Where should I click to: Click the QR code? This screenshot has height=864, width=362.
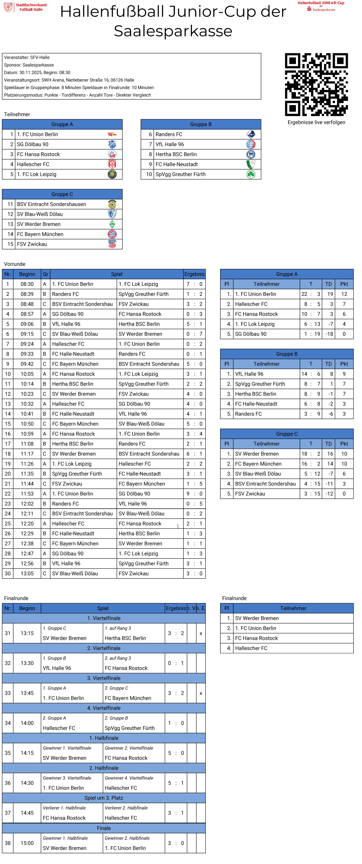[x=316, y=85]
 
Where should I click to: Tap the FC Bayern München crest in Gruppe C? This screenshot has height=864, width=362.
[x=112, y=234]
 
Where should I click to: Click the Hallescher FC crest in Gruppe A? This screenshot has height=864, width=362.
[x=112, y=164]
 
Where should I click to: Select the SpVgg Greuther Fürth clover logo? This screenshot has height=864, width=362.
[x=251, y=174]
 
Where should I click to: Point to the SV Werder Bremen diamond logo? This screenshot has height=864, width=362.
[x=112, y=224]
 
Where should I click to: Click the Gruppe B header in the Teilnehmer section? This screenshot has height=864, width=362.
[x=201, y=124]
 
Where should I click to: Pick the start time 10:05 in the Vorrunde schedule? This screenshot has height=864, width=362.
[x=27, y=374]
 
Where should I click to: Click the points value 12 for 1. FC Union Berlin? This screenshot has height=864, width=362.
[x=344, y=294]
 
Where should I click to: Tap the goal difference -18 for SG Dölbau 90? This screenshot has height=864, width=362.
[x=329, y=334]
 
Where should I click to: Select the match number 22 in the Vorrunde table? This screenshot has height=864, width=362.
[x=8, y=493]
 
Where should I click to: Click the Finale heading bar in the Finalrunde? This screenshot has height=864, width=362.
[x=104, y=828]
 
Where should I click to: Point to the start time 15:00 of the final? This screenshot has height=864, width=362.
[x=27, y=843]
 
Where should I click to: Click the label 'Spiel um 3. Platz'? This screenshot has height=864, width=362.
[x=104, y=798]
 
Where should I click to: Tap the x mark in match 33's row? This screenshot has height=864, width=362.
[x=201, y=693]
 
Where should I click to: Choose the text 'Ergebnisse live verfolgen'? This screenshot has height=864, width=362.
[x=316, y=122]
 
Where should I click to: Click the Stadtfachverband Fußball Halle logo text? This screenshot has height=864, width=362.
[x=31, y=7]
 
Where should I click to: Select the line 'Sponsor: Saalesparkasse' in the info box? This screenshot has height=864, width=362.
[x=29, y=65]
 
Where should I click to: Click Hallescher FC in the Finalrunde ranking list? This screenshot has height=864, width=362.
[x=251, y=648]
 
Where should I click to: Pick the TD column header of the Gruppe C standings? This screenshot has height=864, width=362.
[x=328, y=443]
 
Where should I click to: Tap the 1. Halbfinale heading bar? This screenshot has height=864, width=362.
[x=104, y=738]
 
